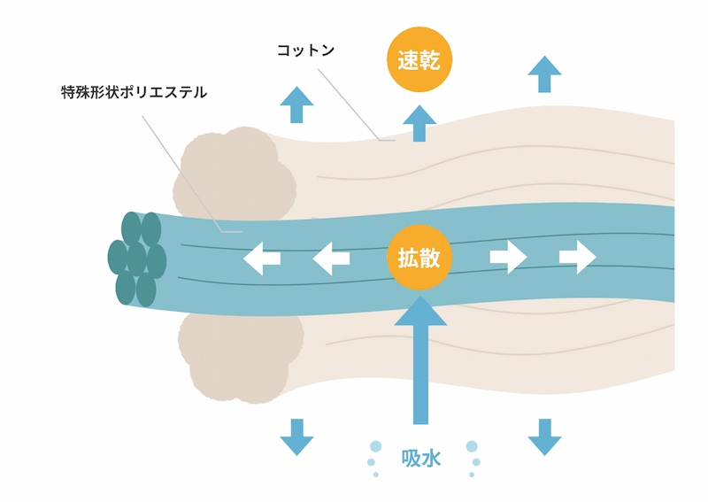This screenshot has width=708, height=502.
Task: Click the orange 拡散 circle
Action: [x=419, y=258]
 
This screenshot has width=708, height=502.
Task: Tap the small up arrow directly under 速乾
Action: [x=419, y=123]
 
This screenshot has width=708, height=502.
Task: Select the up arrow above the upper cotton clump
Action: [x=296, y=104]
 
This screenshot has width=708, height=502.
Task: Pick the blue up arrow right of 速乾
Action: [x=544, y=73]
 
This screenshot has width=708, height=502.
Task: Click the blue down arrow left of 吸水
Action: [x=296, y=435]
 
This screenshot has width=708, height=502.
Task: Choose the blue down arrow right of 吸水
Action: [x=544, y=435]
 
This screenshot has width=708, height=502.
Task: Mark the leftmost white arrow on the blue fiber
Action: [x=261, y=258]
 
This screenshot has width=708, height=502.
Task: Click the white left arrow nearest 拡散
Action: [x=331, y=258]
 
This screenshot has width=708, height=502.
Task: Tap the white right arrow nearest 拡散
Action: [x=508, y=257]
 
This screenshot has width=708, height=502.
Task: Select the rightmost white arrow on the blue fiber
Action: [x=577, y=257]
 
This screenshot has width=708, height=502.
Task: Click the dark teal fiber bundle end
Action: [x=137, y=259]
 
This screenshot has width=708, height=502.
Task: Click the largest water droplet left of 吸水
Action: [x=375, y=447]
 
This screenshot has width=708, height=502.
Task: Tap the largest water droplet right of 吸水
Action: [x=472, y=446]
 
